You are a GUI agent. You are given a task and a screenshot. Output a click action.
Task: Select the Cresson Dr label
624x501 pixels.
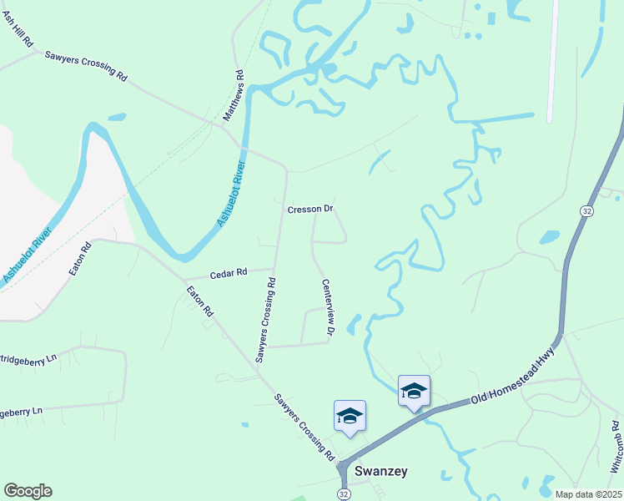(310, 209)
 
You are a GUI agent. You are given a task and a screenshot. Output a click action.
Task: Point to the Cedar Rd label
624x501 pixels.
(229, 273)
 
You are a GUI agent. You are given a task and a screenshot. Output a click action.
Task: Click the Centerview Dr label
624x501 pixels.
(328, 309)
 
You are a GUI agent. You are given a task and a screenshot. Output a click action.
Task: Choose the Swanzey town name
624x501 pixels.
(381, 471)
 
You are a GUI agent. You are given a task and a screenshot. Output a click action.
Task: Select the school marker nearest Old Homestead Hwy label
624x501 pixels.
(414, 392)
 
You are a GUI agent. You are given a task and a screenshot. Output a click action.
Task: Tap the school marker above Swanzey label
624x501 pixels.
(350, 416)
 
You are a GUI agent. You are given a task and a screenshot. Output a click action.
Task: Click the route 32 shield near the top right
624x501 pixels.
(588, 212)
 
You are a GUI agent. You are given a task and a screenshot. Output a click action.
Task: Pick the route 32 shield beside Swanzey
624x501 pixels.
(345, 494)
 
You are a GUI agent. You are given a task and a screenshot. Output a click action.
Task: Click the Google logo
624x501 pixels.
(28, 491)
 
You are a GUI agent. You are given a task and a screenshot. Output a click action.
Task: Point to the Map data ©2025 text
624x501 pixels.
(587, 494)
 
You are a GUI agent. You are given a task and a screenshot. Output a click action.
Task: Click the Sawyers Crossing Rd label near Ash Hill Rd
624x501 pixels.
(87, 63)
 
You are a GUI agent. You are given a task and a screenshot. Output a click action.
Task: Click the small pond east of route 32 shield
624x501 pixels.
(550, 236)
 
